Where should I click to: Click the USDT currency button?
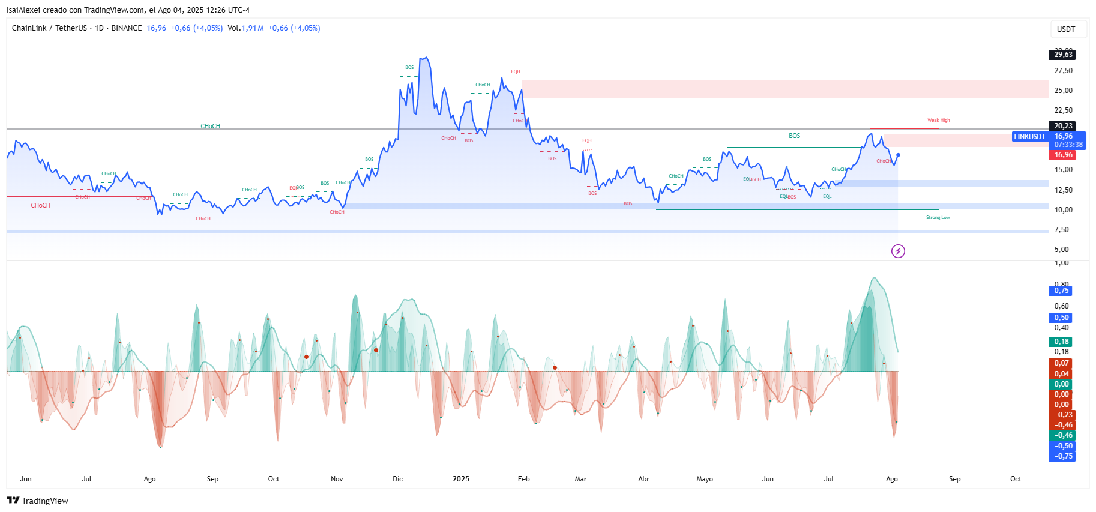[x=1066, y=29]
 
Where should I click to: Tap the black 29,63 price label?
[x=1063, y=55]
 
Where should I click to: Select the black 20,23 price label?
[x=1063, y=126]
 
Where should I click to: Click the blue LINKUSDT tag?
[x=1029, y=137]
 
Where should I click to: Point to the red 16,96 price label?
[x=1063, y=155]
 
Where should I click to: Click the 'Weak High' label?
[x=938, y=121]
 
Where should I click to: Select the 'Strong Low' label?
[x=938, y=218]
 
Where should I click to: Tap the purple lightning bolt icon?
[x=898, y=251]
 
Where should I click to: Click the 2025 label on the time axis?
[x=460, y=479]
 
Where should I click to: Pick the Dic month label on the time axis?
[x=397, y=479]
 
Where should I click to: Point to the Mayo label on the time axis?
[x=705, y=479]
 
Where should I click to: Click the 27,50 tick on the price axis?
[x=1063, y=71]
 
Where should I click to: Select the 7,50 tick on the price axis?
[x=1061, y=230]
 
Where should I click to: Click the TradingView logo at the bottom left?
[x=37, y=501]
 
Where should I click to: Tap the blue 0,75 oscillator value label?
[x=1061, y=291]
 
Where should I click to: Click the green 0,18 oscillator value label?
[x=1061, y=342]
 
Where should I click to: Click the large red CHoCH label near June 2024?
[x=41, y=206]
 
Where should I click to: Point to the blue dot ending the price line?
[x=898, y=155]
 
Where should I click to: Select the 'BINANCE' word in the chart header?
[x=127, y=28]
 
